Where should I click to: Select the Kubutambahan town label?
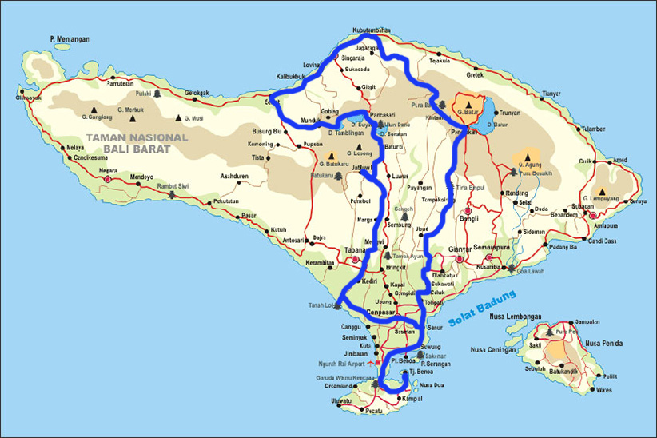click(371, 30)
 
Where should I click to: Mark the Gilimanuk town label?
click(29, 98)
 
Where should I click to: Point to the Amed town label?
click(619, 160)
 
